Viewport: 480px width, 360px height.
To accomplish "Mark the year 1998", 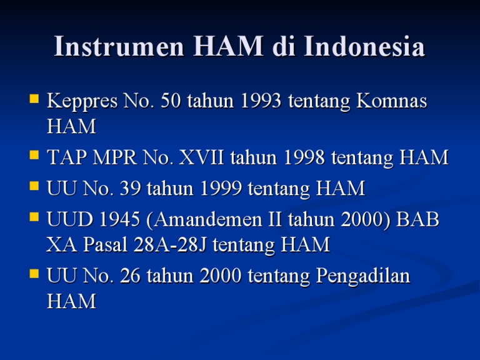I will point(304,158).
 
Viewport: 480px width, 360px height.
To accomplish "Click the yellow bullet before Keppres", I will point(34,99).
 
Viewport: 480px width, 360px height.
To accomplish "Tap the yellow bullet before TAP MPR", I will point(34,156).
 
